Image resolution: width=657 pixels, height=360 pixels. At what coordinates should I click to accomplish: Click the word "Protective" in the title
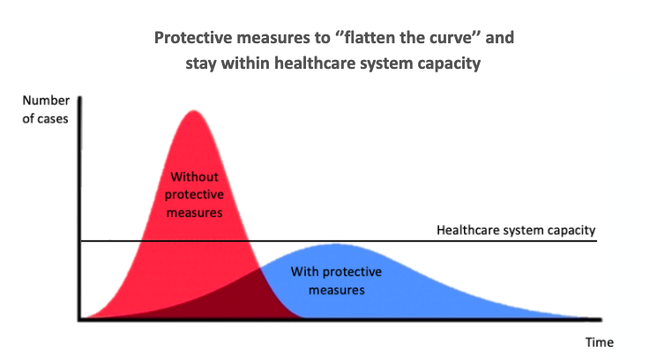point(194,38)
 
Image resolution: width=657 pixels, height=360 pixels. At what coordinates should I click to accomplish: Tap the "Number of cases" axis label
point(46,109)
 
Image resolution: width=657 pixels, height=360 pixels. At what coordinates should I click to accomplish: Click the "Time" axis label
point(600,342)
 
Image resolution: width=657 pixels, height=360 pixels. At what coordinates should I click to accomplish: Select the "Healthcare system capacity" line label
point(516,230)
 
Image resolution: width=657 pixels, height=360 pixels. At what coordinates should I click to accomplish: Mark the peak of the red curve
point(194,110)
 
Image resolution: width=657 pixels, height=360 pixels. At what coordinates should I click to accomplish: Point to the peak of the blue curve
point(336,244)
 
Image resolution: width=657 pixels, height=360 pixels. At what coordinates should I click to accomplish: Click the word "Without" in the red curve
point(194,176)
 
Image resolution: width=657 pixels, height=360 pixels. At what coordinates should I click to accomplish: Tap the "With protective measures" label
point(337,281)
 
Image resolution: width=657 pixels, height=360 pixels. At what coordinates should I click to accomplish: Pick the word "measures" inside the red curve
point(194,213)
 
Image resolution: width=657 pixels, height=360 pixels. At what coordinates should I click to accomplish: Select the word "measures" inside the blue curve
point(337,290)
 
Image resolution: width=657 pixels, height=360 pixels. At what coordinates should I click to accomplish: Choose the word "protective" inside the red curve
point(194,195)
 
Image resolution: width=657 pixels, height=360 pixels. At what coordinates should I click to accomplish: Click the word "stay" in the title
point(201,64)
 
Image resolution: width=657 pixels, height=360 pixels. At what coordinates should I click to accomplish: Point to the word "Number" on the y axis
point(46,101)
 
